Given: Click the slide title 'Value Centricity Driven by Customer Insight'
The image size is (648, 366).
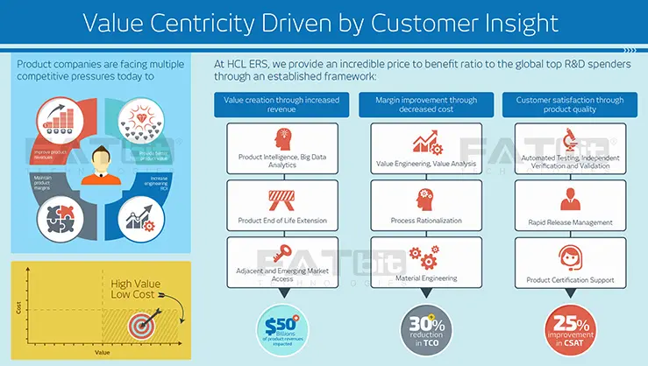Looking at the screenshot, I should point(324,22).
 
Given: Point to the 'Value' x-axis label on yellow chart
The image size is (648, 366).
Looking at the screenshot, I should point(103,352).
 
